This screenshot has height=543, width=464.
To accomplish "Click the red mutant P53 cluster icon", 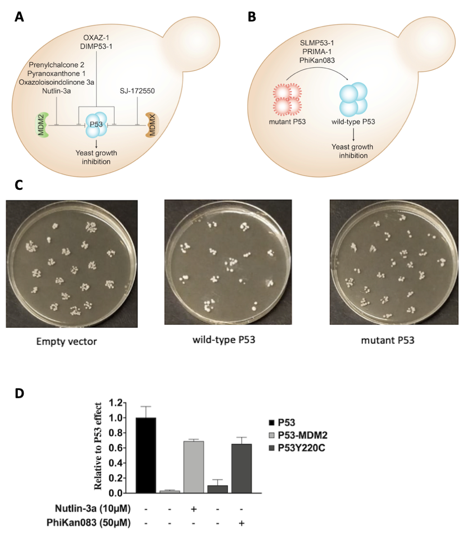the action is (286, 99).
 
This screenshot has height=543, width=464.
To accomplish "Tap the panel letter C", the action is (19, 185).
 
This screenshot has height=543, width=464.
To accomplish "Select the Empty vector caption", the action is (67, 341).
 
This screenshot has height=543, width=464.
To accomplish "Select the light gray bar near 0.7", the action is (194, 467).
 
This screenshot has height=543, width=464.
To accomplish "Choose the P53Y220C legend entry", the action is (300, 448).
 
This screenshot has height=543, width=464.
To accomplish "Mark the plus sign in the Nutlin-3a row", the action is (194, 508).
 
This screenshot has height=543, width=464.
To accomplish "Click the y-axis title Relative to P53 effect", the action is (98, 446).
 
